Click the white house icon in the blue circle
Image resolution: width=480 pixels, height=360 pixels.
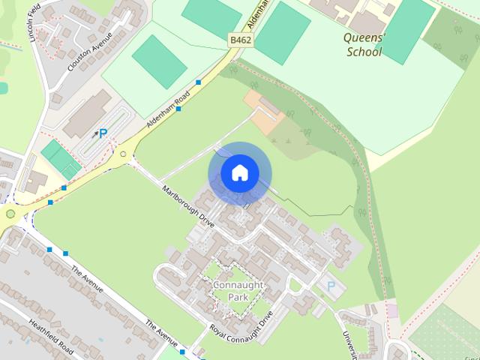pyautogui.click(x=240, y=173)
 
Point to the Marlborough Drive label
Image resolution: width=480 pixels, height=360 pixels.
pyautogui.click(x=188, y=206)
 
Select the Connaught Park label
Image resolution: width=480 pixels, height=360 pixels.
pyautogui.click(x=238, y=291)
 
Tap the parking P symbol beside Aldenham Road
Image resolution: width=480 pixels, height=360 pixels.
pyautogui.click(x=103, y=134)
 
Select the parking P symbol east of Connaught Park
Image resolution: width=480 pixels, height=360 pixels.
pyautogui.click(x=330, y=286)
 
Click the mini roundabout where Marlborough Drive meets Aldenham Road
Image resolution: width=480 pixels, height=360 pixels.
pyautogui.click(x=123, y=155)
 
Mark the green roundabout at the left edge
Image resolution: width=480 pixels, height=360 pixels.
pyautogui.click(x=10, y=214)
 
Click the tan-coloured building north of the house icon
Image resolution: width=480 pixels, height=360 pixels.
pyautogui.click(x=263, y=113)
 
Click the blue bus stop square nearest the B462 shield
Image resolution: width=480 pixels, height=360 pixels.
pyautogui.click(x=199, y=82)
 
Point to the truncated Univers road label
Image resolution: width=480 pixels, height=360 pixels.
pyautogui.click(x=352, y=343)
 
